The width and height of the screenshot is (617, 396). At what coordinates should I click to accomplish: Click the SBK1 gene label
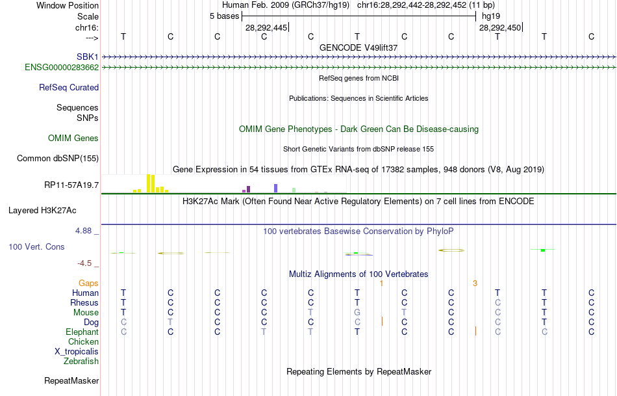(87, 57)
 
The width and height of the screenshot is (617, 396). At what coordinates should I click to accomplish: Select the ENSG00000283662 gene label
(62, 67)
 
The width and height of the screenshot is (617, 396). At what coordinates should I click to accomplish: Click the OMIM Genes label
(73, 138)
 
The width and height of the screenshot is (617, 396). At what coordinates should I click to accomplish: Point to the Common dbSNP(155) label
(58, 158)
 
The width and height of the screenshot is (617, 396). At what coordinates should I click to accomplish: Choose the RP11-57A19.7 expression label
(71, 185)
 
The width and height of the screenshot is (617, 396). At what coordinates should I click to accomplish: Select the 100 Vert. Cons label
(36, 247)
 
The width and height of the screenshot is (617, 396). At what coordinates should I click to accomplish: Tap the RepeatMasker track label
(71, 380)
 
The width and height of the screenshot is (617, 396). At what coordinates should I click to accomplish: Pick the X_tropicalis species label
(77, 351)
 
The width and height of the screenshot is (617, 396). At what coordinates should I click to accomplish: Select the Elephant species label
(82, 332)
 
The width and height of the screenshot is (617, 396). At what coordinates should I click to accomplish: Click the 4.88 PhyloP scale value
(85, 230)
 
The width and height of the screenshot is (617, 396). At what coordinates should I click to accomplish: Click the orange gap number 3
(475, 283)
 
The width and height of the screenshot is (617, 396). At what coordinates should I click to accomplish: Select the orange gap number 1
(382, 283)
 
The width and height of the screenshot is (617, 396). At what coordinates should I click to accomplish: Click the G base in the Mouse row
(357, 312)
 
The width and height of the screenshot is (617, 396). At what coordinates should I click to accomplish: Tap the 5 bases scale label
(224, 16)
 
